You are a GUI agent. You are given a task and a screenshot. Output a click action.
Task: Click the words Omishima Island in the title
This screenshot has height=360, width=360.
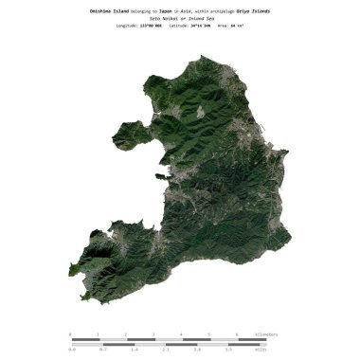coord(108,10)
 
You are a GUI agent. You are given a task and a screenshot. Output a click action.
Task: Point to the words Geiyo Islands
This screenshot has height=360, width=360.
coord(250,10)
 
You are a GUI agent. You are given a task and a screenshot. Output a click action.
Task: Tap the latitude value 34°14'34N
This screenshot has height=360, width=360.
coord(201,27)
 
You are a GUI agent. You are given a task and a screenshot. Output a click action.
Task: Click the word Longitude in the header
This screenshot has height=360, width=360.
coord(126,27)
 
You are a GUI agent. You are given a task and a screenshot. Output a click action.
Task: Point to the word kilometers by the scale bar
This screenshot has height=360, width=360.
coord(266,334)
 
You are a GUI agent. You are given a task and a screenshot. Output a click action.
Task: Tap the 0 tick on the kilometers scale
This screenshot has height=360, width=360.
coord(70,334)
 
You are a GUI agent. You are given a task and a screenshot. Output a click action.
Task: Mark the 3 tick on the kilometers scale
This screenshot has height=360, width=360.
coord(153,334)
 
